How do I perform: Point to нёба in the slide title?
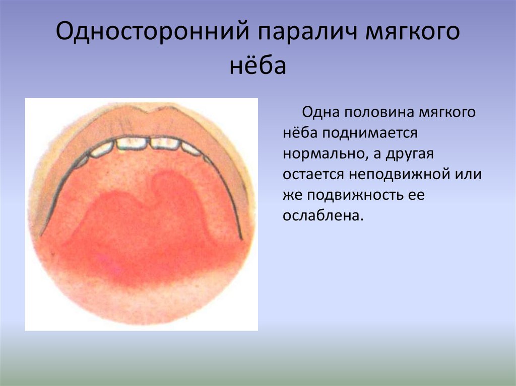coord(258,65)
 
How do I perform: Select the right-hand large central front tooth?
coord(165,143)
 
